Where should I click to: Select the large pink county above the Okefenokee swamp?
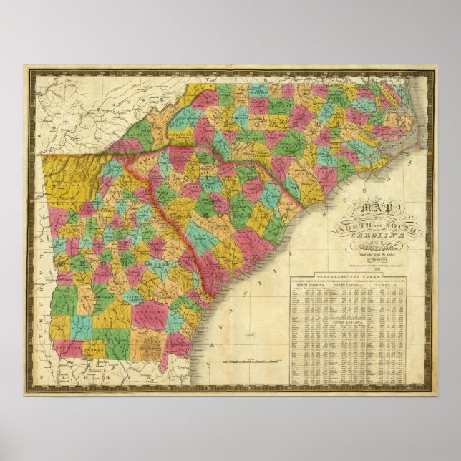pyautogui.click(x=147, y=316)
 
